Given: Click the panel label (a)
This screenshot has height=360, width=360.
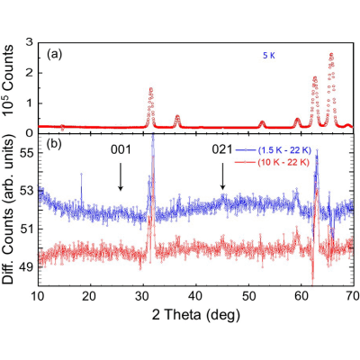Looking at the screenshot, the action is click(x=54, y=54).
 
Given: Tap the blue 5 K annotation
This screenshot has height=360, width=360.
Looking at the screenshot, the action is click(x=269, y=56).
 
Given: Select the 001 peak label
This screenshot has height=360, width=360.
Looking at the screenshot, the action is click(x=121, y=149).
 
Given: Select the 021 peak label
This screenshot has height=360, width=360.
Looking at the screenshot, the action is click(x=222, y=149).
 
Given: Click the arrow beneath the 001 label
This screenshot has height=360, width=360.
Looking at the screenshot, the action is click(x=121, y=176).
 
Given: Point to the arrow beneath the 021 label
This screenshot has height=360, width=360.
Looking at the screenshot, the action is click(x=222, y=176).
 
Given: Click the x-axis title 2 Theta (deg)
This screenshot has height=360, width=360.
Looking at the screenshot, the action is click(x=196, y=315).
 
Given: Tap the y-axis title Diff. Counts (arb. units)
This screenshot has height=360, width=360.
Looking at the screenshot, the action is click(x=8, y=208).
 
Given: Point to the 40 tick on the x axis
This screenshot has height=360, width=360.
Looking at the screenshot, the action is click(x=196, y=296).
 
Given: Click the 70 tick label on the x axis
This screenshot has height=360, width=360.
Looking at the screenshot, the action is click(x=353, y=296).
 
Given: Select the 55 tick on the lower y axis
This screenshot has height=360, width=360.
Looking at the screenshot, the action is click(x=27, y=153).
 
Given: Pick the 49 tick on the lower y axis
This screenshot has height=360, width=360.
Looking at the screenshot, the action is click(x=27, y=266).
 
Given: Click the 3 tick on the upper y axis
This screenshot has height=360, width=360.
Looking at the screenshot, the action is click(x=30, y=42).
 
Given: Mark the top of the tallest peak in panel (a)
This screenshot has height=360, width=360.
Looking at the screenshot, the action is click(x=331, y=54).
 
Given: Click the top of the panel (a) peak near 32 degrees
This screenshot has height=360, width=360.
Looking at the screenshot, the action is click(x=151, y=88).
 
